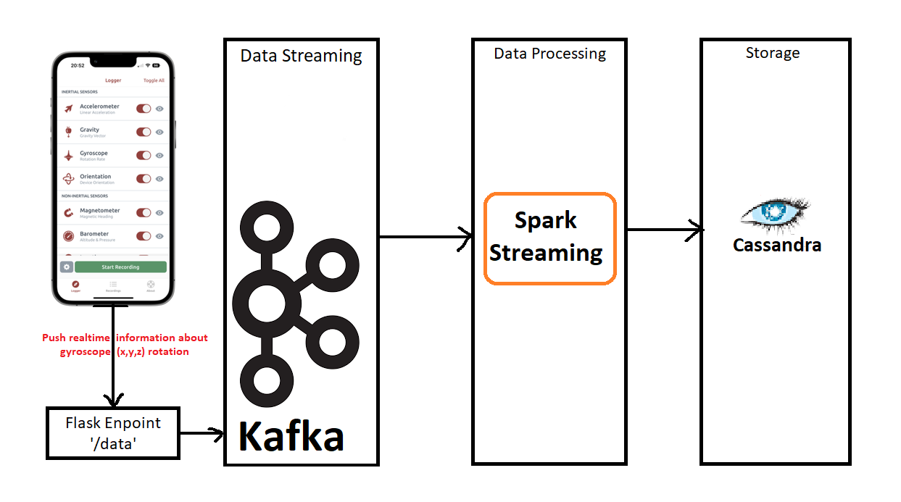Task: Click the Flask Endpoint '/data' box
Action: point(112,432)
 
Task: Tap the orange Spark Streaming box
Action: point(549,238)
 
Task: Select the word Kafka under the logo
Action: point(291,436)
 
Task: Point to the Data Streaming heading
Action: point(301,56)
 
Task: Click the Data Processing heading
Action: point(549,54)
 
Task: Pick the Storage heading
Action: point(773,53)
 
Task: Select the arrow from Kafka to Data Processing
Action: point(425,237)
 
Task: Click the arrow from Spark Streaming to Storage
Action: point(664,230)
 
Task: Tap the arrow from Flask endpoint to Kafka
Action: point(201,434)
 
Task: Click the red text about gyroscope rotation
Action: point(125,344)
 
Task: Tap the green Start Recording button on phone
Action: point(120,267)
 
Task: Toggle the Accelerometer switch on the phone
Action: point(144,109)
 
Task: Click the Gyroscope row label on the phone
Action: point(94,154)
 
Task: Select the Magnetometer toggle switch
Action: point(144,213)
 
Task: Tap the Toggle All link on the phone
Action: point(154,80)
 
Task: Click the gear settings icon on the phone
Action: point(66,267)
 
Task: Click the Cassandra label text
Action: point(776,245)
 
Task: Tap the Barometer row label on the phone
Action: point(94,234)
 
